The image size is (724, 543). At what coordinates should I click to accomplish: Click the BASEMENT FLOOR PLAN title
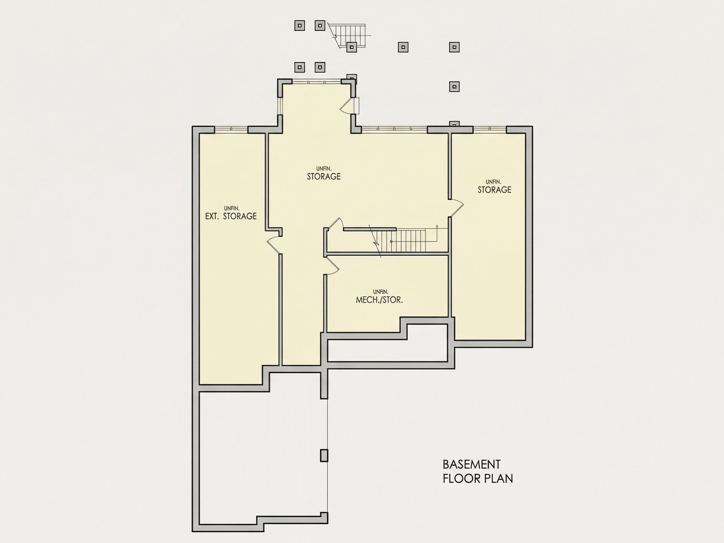point(478,471)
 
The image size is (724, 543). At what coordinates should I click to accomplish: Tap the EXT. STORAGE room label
point(231,216)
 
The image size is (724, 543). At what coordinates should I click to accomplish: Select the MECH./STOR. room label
point(379,300)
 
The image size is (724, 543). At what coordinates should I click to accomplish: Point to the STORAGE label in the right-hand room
point(494,190)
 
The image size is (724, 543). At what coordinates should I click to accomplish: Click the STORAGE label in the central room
point(324,176)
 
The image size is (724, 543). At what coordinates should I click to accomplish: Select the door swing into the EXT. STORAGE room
point(274,244)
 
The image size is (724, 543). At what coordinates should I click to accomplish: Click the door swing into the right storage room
point(456,208)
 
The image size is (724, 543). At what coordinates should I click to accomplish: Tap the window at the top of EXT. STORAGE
point(231,129)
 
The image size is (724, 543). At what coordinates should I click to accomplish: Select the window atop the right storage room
point(490,129)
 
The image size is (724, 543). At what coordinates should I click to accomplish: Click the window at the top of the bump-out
point(317,82)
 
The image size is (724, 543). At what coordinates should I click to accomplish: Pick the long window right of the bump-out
point(394,129)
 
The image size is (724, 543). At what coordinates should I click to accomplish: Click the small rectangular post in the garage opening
point(324,456)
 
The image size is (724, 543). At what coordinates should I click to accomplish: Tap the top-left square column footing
point(299,25)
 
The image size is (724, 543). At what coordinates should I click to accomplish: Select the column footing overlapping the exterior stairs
point(352,47)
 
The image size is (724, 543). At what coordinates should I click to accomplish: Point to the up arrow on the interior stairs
point(437,233)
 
